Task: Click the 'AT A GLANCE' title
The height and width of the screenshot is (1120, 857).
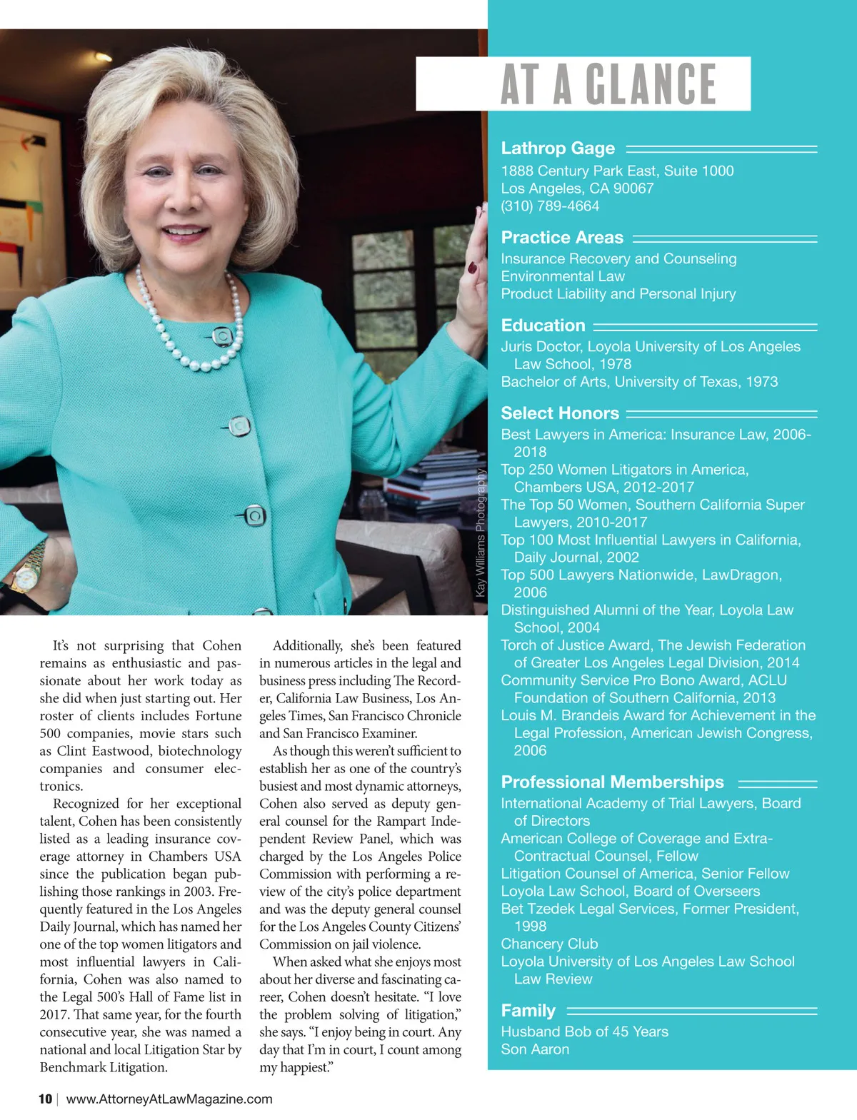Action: point(608,84)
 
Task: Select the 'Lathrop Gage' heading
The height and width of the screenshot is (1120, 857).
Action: point(558,148)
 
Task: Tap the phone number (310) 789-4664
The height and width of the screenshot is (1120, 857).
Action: point(550,206)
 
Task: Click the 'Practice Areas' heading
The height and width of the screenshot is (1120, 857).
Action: point(562,238)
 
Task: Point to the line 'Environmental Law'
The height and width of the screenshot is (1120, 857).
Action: point(563,276)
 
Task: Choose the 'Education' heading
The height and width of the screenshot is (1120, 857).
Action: point(543,326)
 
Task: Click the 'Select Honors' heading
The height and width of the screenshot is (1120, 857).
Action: point(560,413)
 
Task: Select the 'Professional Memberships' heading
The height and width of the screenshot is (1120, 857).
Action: point(612,782)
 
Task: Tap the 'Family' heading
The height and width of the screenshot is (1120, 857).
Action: point(528,1011)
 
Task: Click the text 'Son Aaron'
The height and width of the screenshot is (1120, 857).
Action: point(535,1049)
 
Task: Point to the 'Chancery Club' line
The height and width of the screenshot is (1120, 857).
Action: point(549,944)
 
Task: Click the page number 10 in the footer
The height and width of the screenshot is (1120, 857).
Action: point(45,1099)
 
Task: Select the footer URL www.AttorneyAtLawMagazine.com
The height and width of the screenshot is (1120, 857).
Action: point(169,1099)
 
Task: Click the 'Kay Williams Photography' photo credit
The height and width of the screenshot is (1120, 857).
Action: point(481,533)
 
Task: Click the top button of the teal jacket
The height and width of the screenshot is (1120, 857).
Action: point(223,336)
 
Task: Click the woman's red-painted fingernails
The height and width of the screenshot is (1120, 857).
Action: point(472,268)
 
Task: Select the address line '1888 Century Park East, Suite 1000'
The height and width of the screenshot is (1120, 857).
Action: point(617,171)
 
